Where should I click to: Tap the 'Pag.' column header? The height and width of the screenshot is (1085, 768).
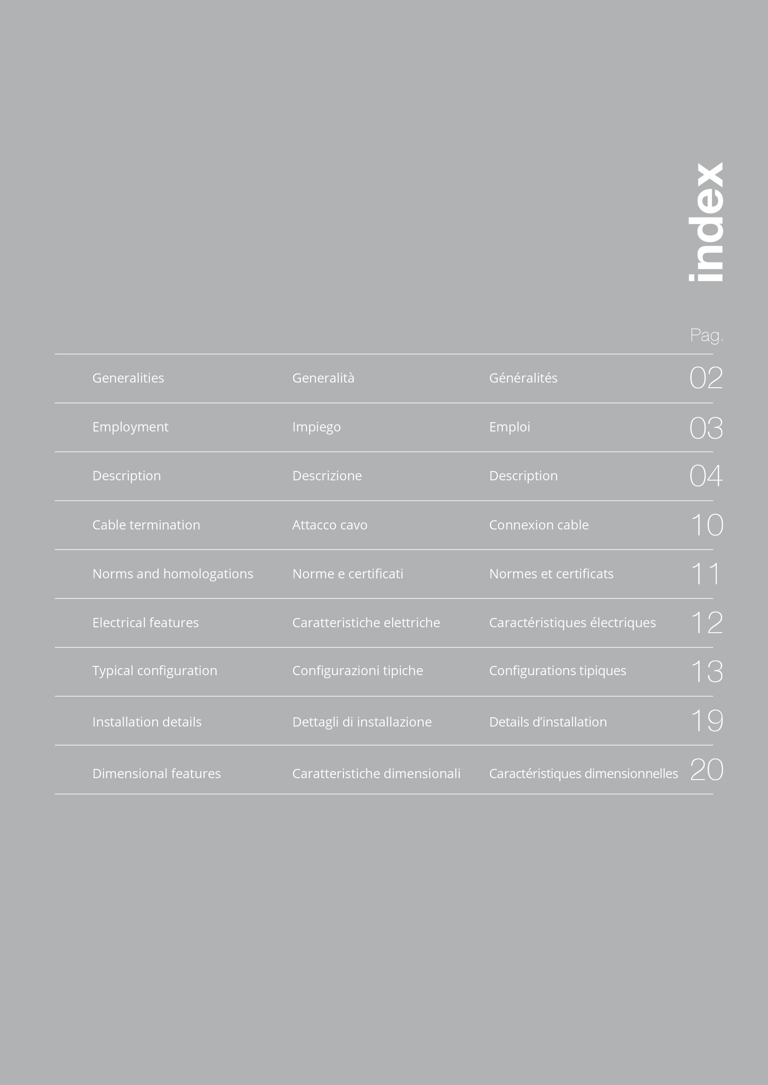(706, 336)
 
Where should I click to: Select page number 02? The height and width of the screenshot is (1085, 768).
(706, 378)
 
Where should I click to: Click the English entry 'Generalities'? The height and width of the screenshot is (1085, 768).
(128, 378)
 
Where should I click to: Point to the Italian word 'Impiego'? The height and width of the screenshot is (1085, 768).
(316, 427)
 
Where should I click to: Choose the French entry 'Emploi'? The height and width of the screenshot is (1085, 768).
(509, 427)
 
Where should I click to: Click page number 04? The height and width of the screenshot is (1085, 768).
(706, 476)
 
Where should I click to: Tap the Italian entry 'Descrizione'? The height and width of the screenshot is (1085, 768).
(327, 476)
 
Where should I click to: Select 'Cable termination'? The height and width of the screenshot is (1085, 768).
(146, 525)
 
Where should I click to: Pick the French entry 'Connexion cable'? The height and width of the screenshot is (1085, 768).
(539, 525)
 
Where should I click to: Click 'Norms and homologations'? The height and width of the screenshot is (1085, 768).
(173, 574)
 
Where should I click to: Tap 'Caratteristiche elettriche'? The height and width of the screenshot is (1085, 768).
(366, 623)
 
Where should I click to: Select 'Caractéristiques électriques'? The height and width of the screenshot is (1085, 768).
(572, 623)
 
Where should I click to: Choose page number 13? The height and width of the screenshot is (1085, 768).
(706, 671)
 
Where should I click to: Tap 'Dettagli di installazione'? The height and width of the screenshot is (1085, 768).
(362, 722)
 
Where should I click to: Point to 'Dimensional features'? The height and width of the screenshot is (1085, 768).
(157, 774)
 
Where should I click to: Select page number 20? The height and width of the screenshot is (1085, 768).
(706, 770)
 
